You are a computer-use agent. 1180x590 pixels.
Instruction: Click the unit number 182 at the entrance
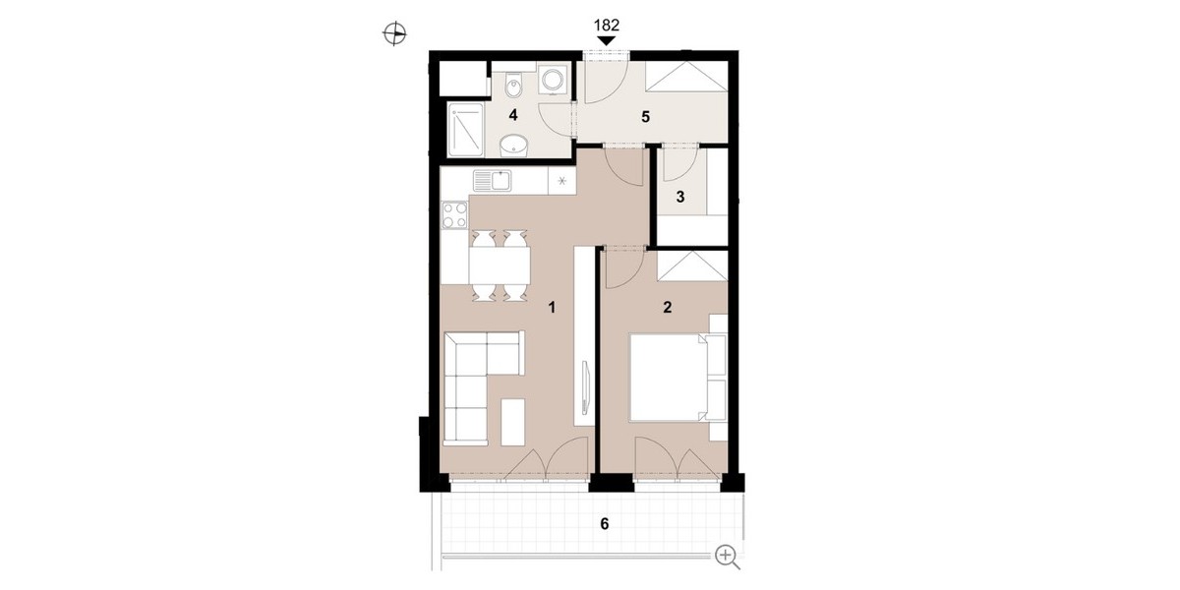(x=607, y=25)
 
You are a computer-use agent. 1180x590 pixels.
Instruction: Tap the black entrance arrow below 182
(x=607, y=40)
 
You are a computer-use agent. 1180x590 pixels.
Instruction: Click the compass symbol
(x=394, y=34)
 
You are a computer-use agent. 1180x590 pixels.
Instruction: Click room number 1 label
(x=552, y=307)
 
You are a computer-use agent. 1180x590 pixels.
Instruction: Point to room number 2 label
(x=667, y=307)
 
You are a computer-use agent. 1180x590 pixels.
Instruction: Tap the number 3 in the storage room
(x=680, y=197)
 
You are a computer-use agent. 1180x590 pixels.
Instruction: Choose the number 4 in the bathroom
(x=513, y=115)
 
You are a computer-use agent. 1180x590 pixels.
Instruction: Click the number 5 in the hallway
(x=645, y=117)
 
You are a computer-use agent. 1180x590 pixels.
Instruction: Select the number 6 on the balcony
(x=604, y=523)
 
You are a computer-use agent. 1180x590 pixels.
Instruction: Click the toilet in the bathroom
(x=513, y=86)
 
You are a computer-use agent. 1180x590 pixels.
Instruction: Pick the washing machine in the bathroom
(x=553, y=80)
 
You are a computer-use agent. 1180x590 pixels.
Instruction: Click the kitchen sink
(x=492, y=181)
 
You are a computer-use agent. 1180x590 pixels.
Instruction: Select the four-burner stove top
(x=87, y=215)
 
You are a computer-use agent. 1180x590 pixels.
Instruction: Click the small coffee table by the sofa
(x=512, y=423)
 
